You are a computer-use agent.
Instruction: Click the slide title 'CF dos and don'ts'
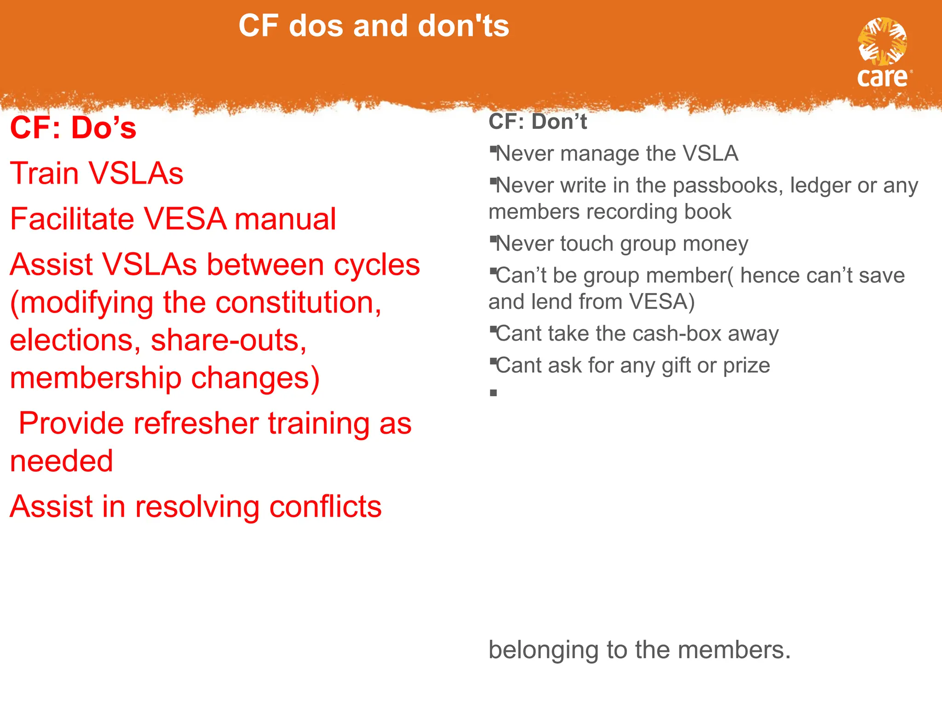click(373, 26)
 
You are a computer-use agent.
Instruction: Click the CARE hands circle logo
click(882, 42)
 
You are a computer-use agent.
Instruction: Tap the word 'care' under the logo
click(882, 77)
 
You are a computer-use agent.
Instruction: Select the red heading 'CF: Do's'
click(73, 127)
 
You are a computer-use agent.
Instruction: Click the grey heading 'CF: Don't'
click(537, 122)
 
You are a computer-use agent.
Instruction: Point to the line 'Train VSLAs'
click(97, 174)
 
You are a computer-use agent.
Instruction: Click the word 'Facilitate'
click(72, 219)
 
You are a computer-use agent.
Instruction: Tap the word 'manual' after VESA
click(285, 219)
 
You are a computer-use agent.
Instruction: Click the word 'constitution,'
click(298, 303)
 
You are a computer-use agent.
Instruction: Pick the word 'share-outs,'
click(229, 341)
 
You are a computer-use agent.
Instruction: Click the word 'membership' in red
click(95, 378)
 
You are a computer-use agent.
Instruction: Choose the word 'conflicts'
click(325, 507)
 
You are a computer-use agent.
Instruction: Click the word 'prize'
click(746, 365)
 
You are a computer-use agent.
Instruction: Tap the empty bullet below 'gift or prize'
click(494, 393)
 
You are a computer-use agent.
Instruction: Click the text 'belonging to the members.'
click(639, 650)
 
